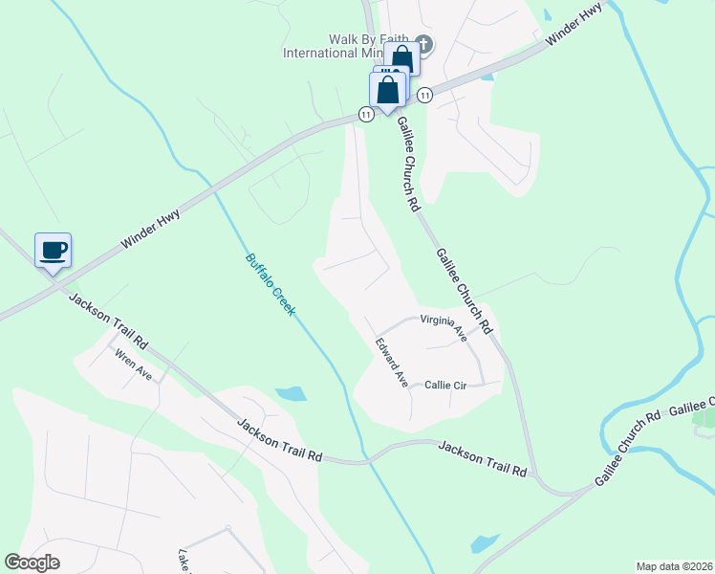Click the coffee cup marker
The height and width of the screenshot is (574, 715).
54,250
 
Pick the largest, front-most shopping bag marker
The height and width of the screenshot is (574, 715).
388,91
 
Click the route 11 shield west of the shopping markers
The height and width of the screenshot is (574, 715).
365,115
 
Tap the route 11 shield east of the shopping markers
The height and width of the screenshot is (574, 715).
424,95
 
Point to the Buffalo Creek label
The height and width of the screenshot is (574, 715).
271,284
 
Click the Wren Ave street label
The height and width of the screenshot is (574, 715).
134,364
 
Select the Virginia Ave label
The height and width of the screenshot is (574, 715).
443,327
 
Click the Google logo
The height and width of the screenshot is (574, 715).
32,563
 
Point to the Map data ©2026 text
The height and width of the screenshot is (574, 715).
673,565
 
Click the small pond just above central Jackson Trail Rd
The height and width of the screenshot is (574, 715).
290,393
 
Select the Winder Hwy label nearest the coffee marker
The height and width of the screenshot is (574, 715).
151,231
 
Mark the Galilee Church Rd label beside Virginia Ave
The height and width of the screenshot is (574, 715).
464,292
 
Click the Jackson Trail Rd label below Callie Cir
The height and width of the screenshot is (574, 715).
483,457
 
